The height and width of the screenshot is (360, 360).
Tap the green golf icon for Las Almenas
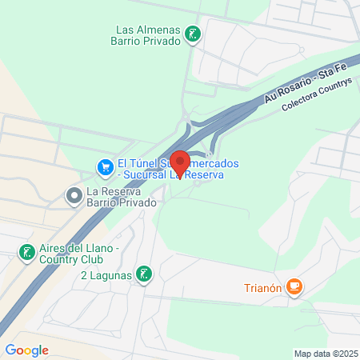click(x=193, y=34)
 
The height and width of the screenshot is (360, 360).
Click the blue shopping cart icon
click(x=105, y=168)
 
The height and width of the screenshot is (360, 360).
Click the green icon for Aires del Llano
click(x=26, y=253)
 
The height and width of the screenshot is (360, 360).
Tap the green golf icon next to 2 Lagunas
click(x=143, y=275)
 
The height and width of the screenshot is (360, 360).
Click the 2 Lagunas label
click(x=105, y=276)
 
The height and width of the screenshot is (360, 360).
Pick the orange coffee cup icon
click(x=294, y=286)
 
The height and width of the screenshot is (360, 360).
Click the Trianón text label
click(x=262, y=286)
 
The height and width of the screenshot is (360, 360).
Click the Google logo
click(x=26, y=350)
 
